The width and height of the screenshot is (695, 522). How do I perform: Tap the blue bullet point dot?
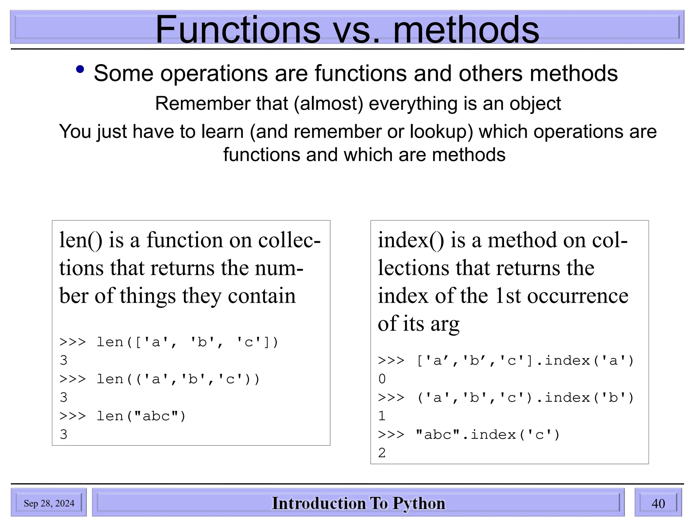tap(80, 69)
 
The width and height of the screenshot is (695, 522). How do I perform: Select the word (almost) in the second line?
tap(328, 104)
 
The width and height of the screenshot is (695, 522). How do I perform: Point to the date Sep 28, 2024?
tap(49, 503)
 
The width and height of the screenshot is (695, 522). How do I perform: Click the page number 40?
tap(658, 503)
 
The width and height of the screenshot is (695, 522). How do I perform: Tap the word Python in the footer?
tap(419, 503)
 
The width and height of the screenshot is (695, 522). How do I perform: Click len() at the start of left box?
tap(81, 240)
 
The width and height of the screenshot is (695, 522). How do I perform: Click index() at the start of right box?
tap(411, 240)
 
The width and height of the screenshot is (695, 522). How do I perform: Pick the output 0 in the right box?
tap(382, 379)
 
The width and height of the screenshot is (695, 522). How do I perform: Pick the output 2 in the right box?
tap(382, 453)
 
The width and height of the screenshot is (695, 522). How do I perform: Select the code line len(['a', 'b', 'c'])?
tap(169, 342)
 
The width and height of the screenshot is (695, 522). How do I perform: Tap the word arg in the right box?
tap(445, 324)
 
